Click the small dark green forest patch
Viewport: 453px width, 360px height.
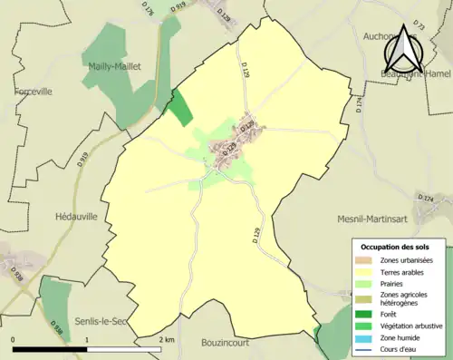point(181,109)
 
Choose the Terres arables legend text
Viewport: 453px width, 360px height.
point(404,271)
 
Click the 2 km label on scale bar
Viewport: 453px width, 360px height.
point(165,339)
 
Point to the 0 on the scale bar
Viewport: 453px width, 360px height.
point(14,339)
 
